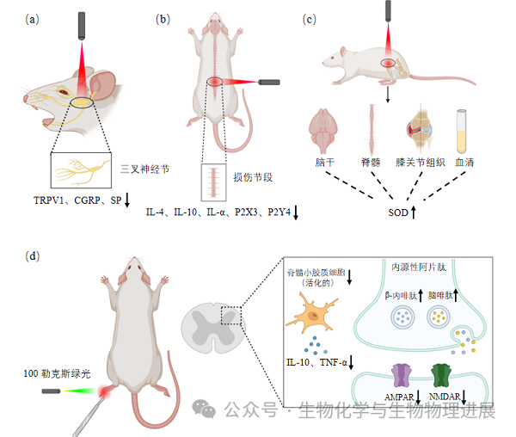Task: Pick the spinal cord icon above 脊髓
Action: point(372,126)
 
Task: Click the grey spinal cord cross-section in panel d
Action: point(212,330)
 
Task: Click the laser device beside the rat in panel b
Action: point(269,83)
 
